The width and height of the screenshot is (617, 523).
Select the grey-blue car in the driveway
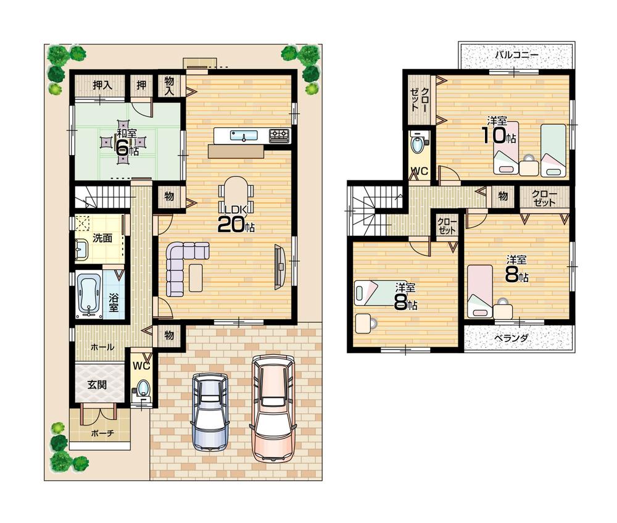coord(210,411)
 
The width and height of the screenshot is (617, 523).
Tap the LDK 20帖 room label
coord(235,219)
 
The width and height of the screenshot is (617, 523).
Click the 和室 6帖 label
coord(126,142)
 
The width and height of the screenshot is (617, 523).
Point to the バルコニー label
coord(517,55)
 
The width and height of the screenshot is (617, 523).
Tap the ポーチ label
coord(102,433)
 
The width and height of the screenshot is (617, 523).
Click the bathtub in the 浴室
coord(88,295)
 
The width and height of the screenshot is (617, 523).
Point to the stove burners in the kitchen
coord(280,135)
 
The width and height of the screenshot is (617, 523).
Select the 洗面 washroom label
coord(102,238)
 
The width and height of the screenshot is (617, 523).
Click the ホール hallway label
coord(102,347)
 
